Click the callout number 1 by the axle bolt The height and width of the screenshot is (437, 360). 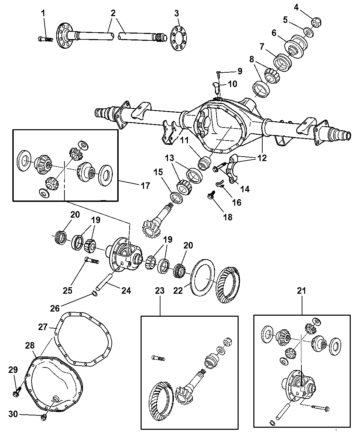(x=43, y=13)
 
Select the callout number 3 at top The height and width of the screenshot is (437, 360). (x=177, y=13)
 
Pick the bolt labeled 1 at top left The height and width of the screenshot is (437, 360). (x=45, y=39)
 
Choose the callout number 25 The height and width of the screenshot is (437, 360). (x=68, y=290)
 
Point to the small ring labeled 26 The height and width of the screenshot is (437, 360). (x=95, y=293)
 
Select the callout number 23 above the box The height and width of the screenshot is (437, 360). (x=159, y=291)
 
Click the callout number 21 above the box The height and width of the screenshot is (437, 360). (x=301, y=291)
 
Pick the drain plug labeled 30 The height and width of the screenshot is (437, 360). (x=44, y=417)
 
